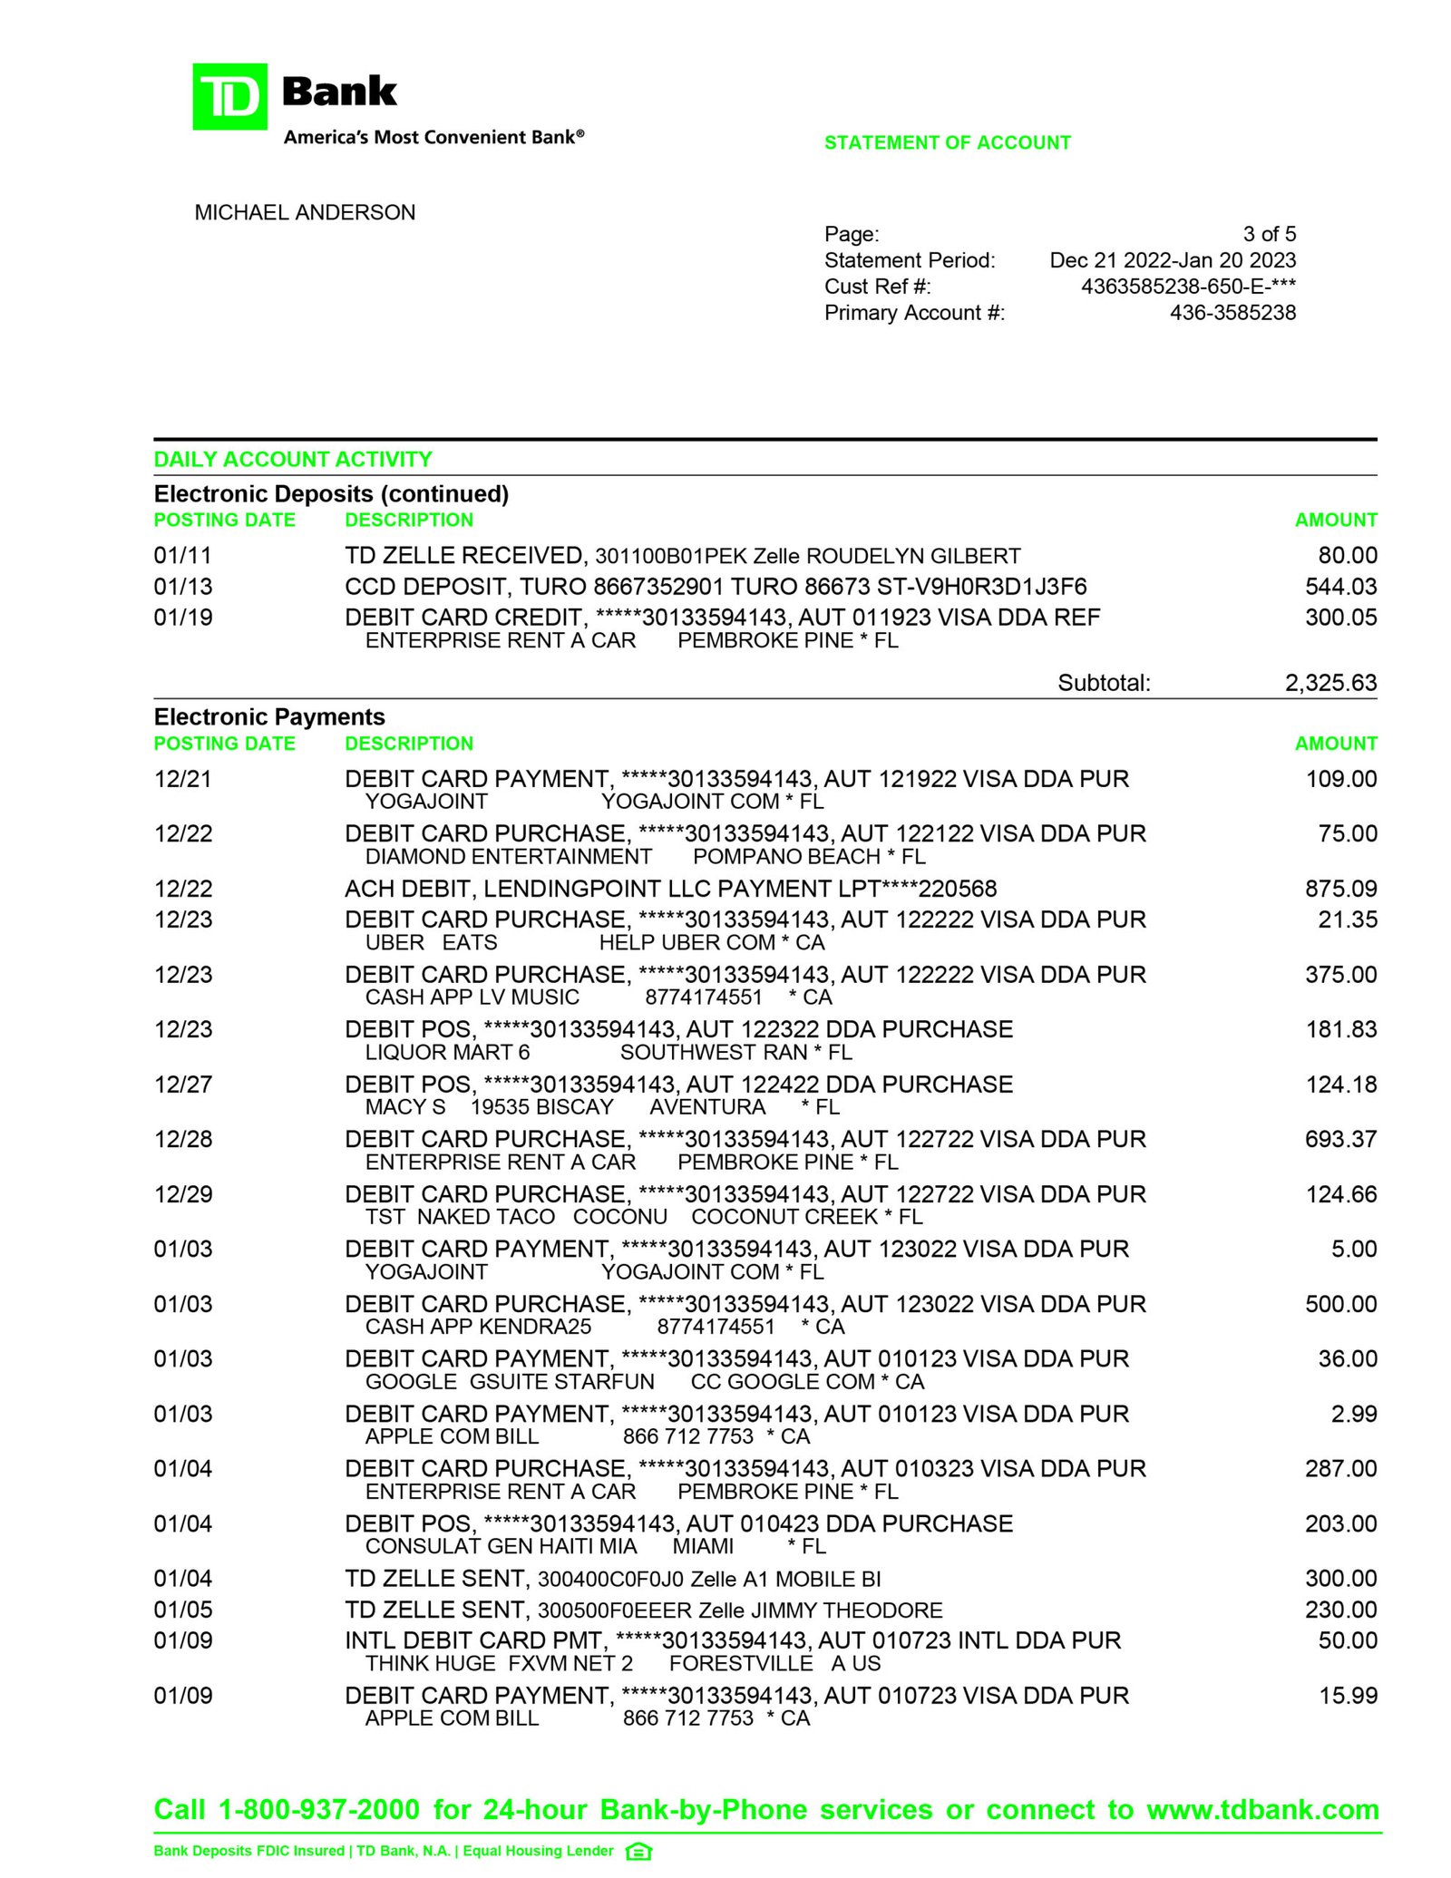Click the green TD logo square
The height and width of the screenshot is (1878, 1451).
coord(229,96)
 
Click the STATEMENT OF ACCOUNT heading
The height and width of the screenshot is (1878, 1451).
coord(947,142)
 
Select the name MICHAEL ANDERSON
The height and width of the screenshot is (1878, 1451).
coord(305,212)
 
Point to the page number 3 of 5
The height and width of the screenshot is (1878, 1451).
coord(1269,234)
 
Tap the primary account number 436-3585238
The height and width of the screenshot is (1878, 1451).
coord(1232,313)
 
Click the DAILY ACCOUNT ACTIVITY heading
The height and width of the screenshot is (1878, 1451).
coord(292,459)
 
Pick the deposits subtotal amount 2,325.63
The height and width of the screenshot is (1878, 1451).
coord(1329,683)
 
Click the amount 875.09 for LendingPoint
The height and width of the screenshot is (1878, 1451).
coord(1340,889)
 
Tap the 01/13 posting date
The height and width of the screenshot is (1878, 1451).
coord(183,587)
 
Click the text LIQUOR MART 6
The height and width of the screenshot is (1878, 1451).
coord(447,1053)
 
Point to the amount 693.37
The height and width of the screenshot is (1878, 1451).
coord(1340,1139)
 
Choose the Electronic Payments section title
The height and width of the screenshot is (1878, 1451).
coord(269,717)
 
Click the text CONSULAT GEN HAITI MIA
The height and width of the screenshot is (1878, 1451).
coord(501,1546)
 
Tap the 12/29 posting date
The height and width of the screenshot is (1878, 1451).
coord(183,1194)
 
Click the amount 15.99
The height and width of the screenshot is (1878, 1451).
coord(1348,1696)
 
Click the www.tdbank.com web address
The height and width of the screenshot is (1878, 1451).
coord(1262,1810)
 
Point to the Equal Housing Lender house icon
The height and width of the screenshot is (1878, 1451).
coord(638,1852)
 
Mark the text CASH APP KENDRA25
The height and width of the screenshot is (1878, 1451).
coord(478,1327)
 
